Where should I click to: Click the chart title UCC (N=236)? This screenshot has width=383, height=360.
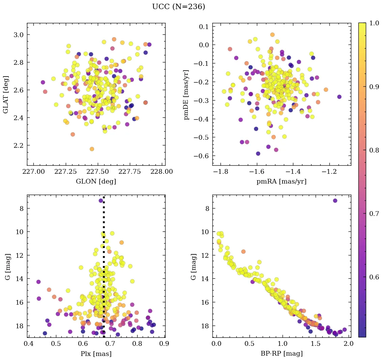pyautogui.click(x=178, y=7)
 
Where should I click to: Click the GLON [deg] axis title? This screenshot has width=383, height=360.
pyautogui.click(x=96, y=182)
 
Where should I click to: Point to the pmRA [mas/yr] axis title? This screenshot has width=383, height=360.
pyautogui.click(x=282, y=182)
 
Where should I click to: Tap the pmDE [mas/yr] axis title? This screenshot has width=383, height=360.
pyautogui.click(x=186, y=94)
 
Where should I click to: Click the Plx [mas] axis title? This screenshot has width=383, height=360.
pyautogui.click(x=96, y=354)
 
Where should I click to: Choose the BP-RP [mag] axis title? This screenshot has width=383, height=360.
pyautogui.click(x=282, y=354)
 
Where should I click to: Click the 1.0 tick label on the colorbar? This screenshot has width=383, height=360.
pyautogui.click(x=374, y=23)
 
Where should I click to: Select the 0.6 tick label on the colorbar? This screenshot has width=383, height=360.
pyautogui.click(x=374, y=277)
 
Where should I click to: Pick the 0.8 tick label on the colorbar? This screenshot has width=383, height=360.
pyautogui.click(x=374, y=150)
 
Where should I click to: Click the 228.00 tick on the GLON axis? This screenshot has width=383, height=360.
pyautogui.click(x=161, y=171)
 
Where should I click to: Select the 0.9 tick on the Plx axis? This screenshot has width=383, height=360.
pyautogui.click(x=164, y=344)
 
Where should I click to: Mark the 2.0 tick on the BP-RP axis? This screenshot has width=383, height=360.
pyautogui.click(x=348, y=344)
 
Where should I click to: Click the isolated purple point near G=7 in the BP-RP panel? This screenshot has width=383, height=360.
pyautogui.click(x=335, y=200)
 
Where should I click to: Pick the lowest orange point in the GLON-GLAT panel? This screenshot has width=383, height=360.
pyautogui.click(x=92, y=149)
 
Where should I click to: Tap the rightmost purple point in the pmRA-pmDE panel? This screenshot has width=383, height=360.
pyautogui.click(x=339, y=97)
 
